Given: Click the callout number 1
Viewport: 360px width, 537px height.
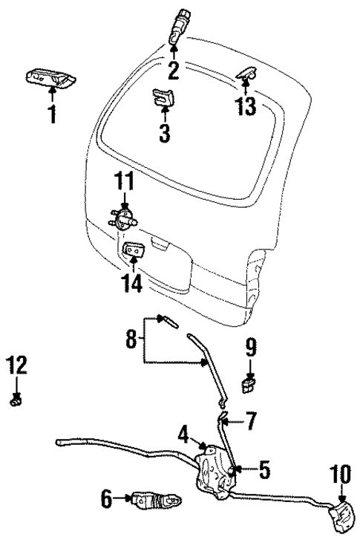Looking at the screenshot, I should coord(52,116).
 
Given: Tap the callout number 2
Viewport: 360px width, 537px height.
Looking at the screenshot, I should coord(173,71).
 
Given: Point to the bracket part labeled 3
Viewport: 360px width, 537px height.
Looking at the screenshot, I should coord(162,98).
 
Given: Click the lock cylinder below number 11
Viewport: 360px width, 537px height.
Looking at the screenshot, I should coord(124,216).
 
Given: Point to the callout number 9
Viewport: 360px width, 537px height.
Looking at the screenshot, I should coord(250,346).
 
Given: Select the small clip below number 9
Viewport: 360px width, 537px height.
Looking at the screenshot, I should coord(250,384).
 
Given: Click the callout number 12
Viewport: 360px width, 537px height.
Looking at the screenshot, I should coord(17,365).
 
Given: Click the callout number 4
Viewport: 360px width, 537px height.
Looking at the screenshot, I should coord(183,432).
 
